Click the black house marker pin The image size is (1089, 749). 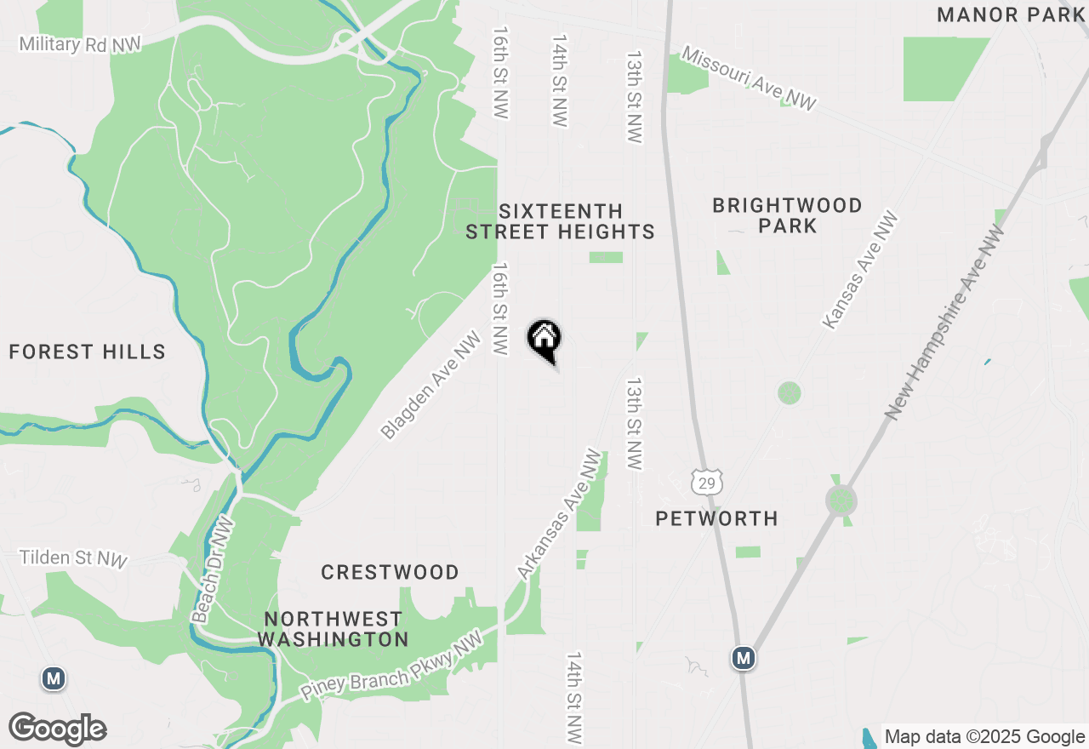point(544,340)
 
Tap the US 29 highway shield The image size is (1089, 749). point(707,481)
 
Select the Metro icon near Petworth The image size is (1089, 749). point(744,658)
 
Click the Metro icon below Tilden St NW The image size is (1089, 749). point(54,678)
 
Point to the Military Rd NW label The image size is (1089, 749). point(79,43)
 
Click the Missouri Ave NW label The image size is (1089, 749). point(749,79)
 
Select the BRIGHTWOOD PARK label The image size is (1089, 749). point(788,215)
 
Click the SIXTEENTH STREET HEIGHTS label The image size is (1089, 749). point(560,221)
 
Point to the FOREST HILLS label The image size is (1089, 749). point(87,352)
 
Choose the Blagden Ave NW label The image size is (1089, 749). point(430,386)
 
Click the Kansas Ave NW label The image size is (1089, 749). point(860,270)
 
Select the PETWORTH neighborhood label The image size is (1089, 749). point(716,518)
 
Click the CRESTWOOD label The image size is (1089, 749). point(390,572)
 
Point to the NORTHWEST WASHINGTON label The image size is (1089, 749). point(333,629)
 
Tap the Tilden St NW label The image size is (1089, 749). point(73,558)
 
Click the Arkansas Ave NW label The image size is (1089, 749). point(559,516)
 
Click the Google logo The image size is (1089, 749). point(58,729)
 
